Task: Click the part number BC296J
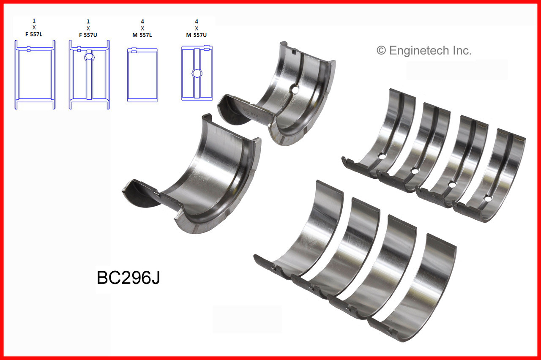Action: point(128,278)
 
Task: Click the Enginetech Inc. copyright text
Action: point(424,51)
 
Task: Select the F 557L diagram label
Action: point(34,34)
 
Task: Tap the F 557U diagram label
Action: point(88,34)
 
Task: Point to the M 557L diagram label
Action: point(142,34)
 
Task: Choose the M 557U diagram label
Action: point(196,34)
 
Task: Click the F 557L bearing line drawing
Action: point(35,75)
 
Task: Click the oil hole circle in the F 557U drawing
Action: point(89,56)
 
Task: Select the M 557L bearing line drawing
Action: point(142,75)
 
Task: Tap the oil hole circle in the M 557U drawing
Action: point(197,74)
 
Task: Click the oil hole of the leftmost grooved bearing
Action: point(382,156)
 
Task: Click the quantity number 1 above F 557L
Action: point(34,20)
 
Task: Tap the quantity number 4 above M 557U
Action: point(196,20)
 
